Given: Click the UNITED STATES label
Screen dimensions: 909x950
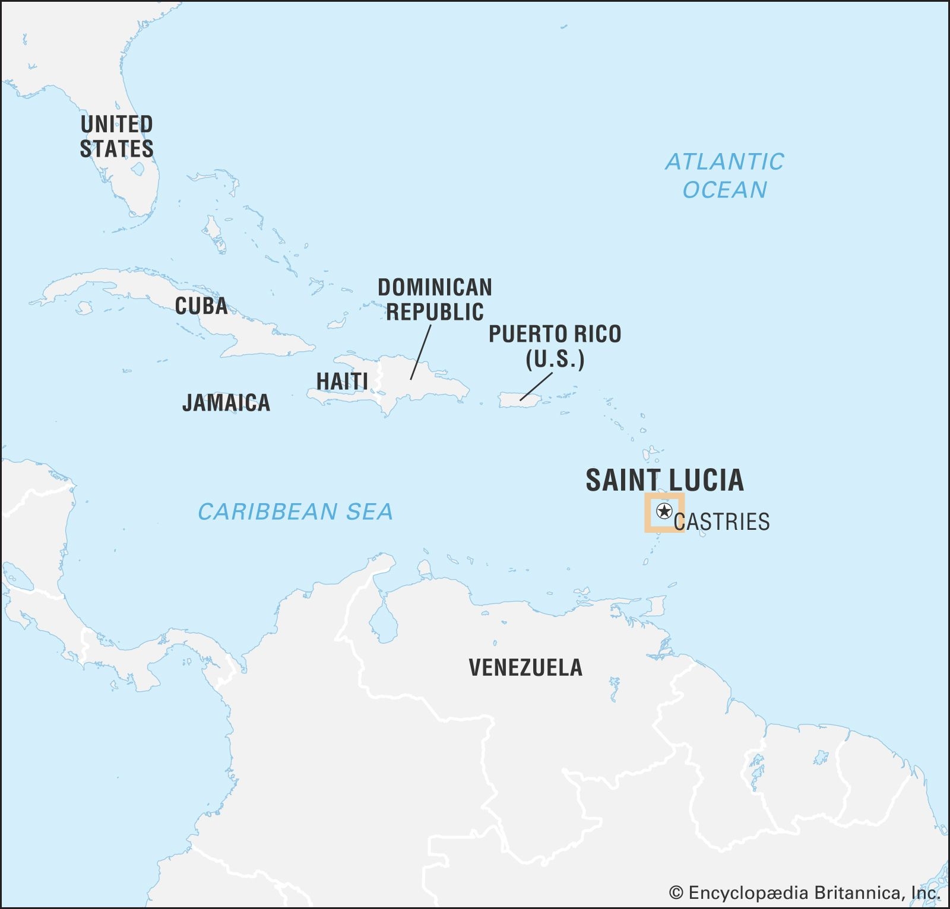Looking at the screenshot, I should tap(116, 136).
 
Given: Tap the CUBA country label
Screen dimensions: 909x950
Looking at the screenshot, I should tap(201, 306).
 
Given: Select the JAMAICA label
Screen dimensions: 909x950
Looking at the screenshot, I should tap(226, 403).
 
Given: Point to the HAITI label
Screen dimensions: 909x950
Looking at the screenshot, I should tap(342, 382).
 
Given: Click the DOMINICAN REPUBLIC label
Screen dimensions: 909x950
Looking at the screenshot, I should tap(435, 300).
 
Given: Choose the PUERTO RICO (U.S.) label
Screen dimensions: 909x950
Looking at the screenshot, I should tap(555, 346).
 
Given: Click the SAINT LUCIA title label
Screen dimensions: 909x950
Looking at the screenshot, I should tap(664, 480).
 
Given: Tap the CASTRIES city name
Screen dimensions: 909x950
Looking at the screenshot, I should tap(721, 522).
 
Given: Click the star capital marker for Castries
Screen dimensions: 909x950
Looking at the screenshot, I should tap(664, 511).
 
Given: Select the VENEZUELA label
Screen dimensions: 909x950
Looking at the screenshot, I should tap(525, 668).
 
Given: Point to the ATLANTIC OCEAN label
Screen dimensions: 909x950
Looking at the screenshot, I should tap(724, 176).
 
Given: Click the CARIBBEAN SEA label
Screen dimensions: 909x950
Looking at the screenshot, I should tap(295, 511).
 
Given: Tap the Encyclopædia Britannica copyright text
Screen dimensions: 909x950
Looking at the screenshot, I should tap(805, 892).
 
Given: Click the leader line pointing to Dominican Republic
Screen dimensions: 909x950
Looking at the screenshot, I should tap(420, 352).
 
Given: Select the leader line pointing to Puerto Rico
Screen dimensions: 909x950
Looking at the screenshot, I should tap(537, 386).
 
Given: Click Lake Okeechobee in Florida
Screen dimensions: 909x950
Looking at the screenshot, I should tap(137, 170).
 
